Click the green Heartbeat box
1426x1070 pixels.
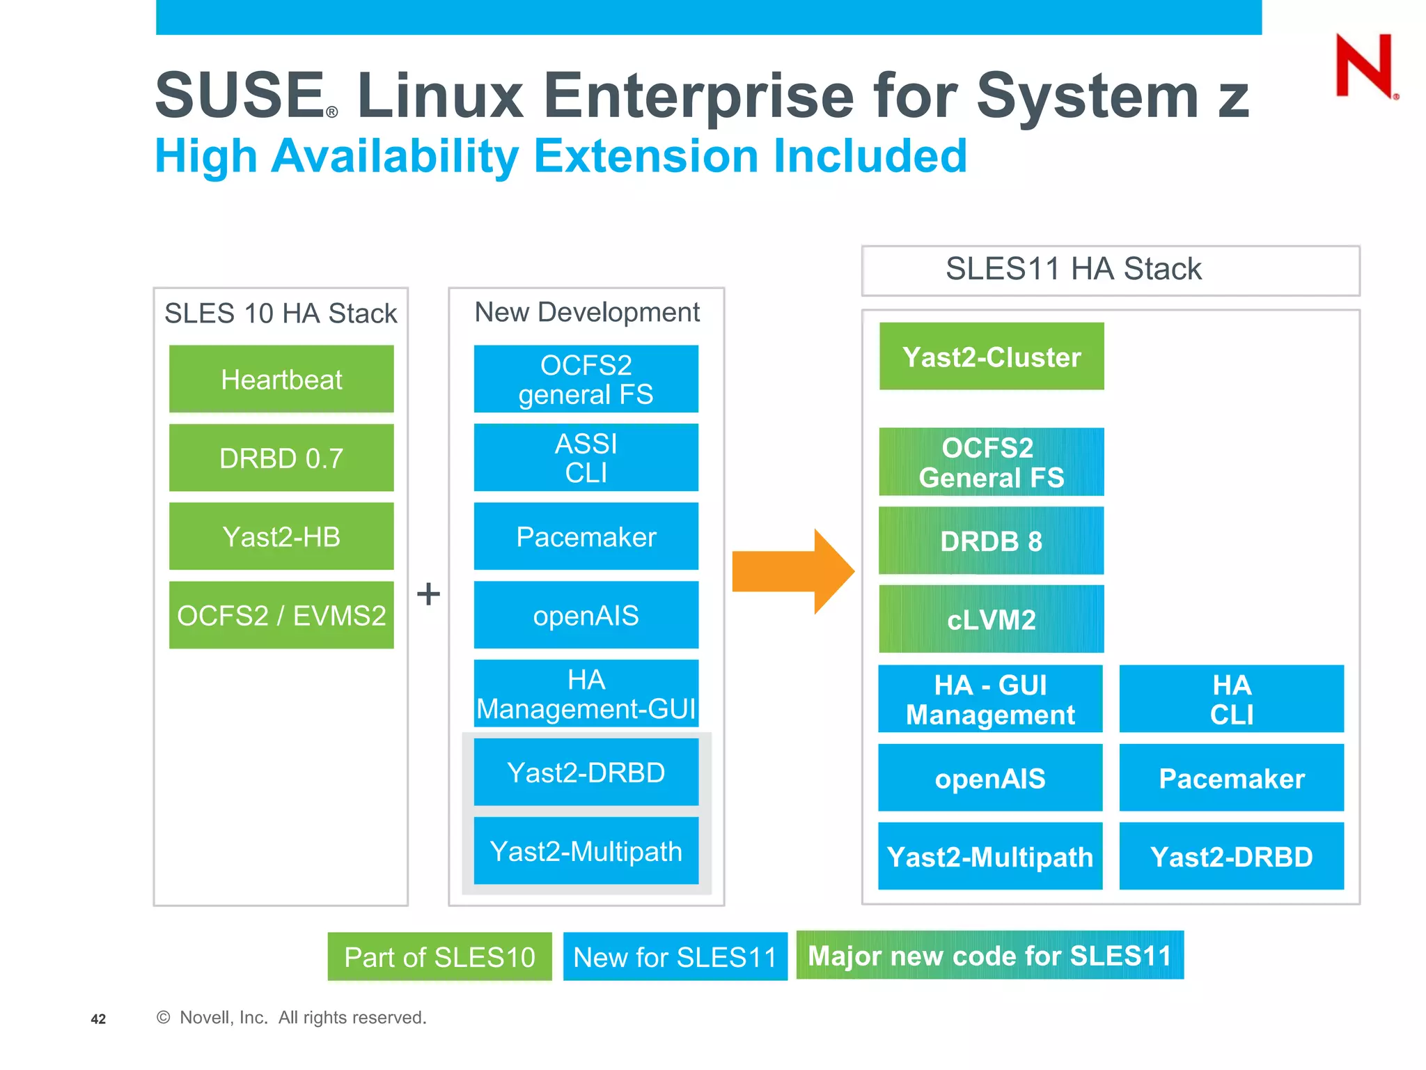[281, 380]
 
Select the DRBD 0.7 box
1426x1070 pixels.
[281, 458]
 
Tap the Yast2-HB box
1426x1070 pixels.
[281, 537]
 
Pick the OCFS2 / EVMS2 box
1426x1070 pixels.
[281, 616]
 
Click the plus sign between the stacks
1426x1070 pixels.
[428, 594]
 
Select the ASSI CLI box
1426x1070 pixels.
[586, 458]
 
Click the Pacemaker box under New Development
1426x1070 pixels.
[586, 537]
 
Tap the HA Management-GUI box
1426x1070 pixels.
[586, 694]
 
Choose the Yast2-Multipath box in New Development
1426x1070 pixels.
[586, 851]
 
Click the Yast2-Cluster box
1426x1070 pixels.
[991, 357]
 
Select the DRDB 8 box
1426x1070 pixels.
[991, 541]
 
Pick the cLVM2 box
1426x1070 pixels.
[991, 619]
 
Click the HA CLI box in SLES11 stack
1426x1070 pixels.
[1231, 699]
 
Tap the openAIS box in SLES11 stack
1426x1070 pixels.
[990, 778]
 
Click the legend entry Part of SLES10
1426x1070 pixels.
[439, 957]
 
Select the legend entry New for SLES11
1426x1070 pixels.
[675, 957]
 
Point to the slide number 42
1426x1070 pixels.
[98, 1019]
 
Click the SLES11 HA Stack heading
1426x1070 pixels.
[1073, 270]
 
